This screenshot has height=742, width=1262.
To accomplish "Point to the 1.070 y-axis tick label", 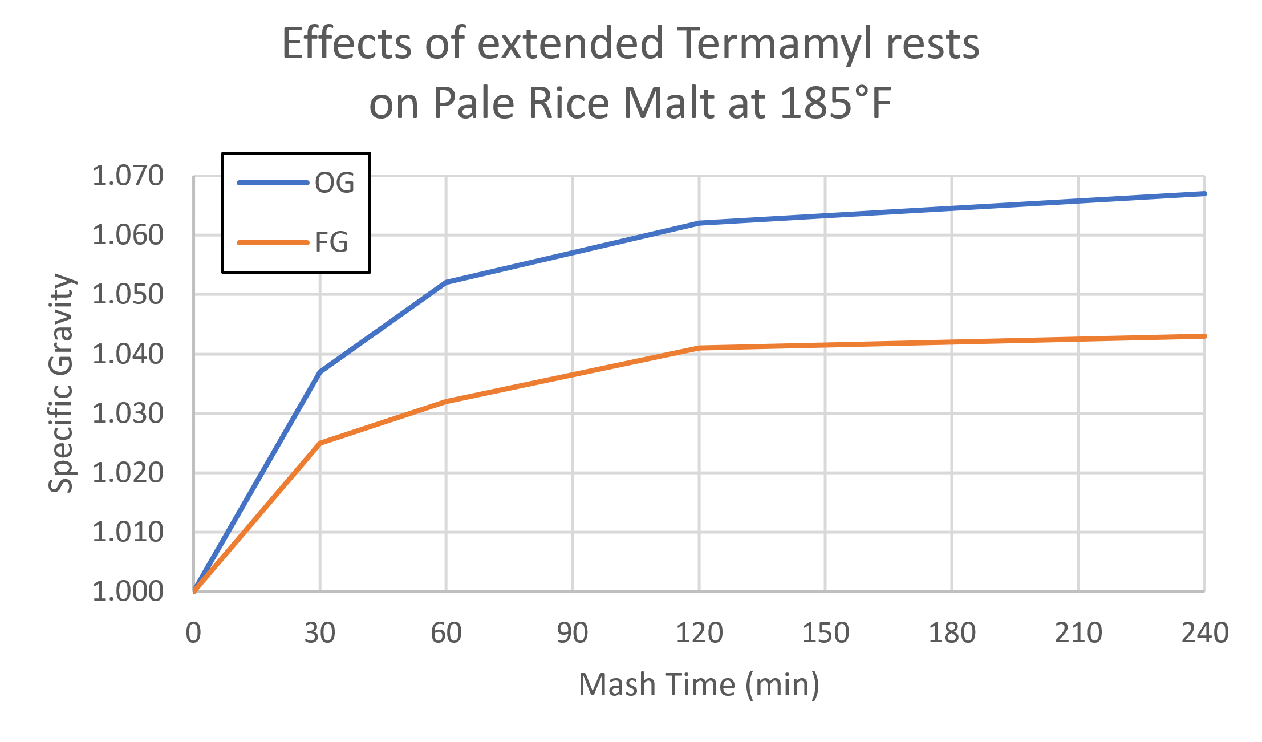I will click(128, 176).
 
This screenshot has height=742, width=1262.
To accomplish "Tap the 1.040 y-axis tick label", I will click(128, 354).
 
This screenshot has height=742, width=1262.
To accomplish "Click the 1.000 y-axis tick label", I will click(128, 591).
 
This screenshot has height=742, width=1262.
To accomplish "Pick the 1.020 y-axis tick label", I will click(128, 473).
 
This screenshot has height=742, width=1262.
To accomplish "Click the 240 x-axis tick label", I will click(1204, 633).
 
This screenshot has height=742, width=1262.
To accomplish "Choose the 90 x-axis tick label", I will click(573, 633).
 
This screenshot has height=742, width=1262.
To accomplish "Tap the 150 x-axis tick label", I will click(825, 633).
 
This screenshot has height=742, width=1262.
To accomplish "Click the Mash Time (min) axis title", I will click(699, 684).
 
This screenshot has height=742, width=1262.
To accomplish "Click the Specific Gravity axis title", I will click(61, 383).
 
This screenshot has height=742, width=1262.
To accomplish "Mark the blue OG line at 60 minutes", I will click(446, 282).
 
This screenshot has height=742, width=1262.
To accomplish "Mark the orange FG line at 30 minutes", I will click(320, 443).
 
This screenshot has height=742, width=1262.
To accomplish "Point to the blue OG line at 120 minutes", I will click(699, 223).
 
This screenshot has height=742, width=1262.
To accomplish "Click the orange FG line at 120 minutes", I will click(699, 347).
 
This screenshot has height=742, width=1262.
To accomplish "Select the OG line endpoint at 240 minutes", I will click(1203, 194).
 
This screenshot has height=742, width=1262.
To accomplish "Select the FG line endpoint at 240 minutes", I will click(1203, 336).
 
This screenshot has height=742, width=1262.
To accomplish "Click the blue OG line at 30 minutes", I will click(320, 372).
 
